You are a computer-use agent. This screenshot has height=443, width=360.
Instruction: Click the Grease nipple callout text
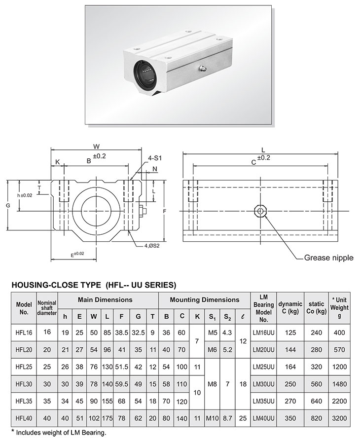coord(328,258)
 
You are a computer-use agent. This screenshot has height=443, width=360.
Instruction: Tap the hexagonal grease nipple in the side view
coord(259,211)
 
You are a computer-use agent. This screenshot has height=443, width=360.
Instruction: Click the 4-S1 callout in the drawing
coord(155,158)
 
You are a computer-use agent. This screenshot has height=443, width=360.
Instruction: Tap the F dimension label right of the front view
coord(164,211)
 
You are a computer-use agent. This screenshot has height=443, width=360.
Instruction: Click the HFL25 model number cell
coord(24,367)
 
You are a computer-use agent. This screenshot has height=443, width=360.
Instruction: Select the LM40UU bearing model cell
coord(264,418)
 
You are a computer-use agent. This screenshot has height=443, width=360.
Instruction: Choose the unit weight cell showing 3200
coord(339,418)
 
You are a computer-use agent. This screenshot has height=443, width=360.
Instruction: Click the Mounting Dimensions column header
coord(204,299)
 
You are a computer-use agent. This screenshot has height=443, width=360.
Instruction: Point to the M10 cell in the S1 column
coord(212,418)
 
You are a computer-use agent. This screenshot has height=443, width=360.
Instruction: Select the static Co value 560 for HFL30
coord(316,383)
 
